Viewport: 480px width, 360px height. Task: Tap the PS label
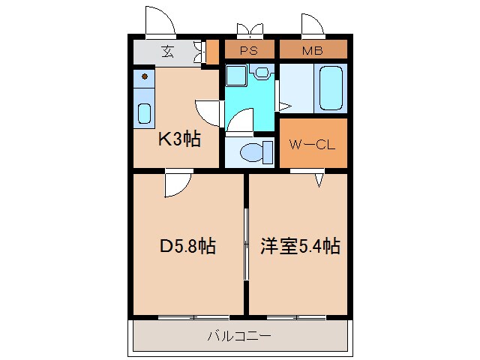[250, 51]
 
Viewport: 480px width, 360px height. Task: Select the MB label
[313, 51]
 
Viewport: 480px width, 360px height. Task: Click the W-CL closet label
[313, 143]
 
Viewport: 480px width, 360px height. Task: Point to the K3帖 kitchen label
[178, 139]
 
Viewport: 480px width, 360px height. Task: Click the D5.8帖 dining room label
[187, 246]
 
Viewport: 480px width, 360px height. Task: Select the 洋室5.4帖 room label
[300, 246]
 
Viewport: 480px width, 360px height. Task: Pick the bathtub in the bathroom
[331, 88]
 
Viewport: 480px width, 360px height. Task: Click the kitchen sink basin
[145, 112]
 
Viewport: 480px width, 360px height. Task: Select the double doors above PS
[250, 30]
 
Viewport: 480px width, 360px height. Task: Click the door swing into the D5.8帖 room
[178, 184]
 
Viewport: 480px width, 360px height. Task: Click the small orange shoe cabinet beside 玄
[212, 52]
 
